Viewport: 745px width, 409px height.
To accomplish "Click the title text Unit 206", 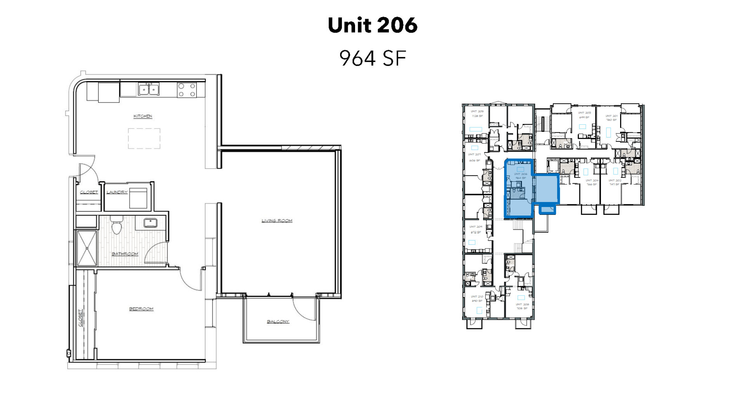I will click(x=372, y=25).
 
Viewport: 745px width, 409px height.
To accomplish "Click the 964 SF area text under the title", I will click(x=372, y=58).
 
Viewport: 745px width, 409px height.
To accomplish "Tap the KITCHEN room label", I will click(x=143, y=116).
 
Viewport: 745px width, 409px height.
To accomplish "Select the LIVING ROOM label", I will click(x=277, y=221).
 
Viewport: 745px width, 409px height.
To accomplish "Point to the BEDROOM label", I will click(x=141, y=309).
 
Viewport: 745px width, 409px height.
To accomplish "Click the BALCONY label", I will click(x=278, y=322).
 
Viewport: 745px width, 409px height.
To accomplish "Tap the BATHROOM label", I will click(x=125, y=254).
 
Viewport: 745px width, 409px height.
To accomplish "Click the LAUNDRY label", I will click(x=117, y=192).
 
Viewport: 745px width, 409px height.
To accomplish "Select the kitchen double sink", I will click(x=149, y=89).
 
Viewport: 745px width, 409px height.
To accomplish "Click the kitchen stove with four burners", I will click(x=187, y=90).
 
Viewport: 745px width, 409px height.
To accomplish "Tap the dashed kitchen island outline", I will click(x=144, y=138).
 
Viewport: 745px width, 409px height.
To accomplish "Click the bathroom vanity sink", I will click(x=151, y=223).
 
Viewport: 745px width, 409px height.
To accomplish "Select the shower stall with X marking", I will click(x=87, y=248).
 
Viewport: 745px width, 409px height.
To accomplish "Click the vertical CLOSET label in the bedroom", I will click(x=81, y=318).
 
